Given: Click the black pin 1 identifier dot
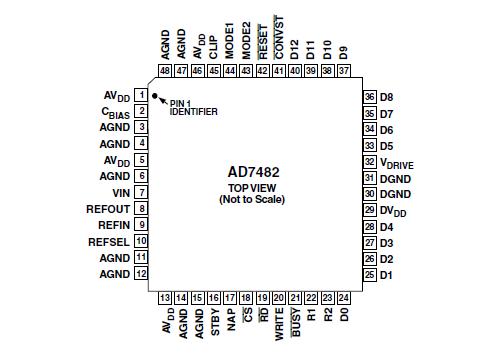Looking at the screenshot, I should pyautogui.click(x=155, y=95).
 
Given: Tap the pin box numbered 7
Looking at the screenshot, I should pyautogui.click(x=142, y=192).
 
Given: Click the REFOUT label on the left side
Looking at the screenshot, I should pyautogui.click(x=109, y=208).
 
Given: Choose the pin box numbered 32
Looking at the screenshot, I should pyautogui.click(x=369, y=160).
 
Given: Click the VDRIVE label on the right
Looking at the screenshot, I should pyautogui.click(x=402, y=161).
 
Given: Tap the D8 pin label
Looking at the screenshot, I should pyautogui.click(x=386, y=96).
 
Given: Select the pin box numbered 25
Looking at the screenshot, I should pyautogui.click(x=369, y=274).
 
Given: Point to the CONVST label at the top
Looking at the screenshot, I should pyautogui.click(x=279, y=39).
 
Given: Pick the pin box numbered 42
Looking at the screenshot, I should pyautogui.click(x=262, y=71).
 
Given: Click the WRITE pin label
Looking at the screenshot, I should pyautogui.click(x=279, y=326).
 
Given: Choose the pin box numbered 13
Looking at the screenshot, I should pyautogui.click(x=165, y=298).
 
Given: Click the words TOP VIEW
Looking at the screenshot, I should pyautogui.click(x=252, y=187).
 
